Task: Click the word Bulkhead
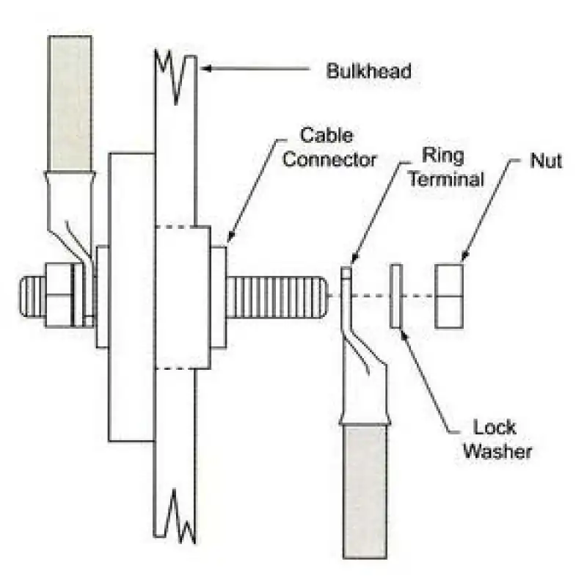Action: pos(369,70)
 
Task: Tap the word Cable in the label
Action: pos(327,135)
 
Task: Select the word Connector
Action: pos(329,159)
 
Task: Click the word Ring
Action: pos(443,156)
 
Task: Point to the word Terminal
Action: pos(446,179)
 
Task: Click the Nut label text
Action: pos(546,161)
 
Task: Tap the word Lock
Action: pos(495,427)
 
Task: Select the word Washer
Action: pos(497,451)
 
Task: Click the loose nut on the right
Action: pos(449,296)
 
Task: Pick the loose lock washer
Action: pos(396,296)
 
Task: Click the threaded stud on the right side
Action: pos(277,297)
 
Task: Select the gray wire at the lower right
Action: pos(365,491)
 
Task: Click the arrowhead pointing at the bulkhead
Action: pos(206,68)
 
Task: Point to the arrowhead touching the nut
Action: pos(464,255)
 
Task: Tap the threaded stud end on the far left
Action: pos(32,296)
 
